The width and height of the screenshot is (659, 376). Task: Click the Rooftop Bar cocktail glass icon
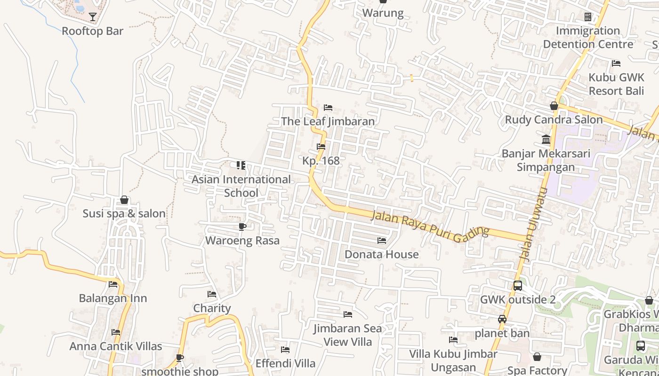[93, 17]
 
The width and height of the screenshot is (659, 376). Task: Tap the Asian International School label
[241, 186]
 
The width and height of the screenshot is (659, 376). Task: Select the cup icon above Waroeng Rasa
[242, 227]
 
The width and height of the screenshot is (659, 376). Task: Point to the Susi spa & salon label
[124, 213]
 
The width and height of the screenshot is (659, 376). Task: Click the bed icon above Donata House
[382, 241]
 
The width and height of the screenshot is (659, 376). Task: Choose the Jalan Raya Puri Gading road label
[430, 227]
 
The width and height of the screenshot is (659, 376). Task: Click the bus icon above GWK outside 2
[517, 286]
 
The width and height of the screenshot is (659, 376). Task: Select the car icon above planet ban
[502, 319]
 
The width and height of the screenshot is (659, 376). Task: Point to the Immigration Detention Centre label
[588, 38]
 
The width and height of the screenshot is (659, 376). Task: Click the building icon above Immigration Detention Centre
[588, 17]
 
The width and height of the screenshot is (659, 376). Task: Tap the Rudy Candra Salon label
[554, 120]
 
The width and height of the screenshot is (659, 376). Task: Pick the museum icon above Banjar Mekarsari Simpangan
[546, 140]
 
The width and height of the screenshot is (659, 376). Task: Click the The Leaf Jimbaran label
[328, 121]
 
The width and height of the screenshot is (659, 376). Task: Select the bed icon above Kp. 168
[321, 147]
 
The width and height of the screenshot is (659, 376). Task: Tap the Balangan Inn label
[113, 298]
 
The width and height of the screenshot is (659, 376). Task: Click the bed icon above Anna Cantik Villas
[116, 332]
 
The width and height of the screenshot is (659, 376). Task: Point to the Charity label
[212, 308]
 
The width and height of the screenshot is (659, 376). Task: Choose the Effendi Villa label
[285, 363]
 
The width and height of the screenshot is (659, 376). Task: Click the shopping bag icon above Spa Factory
[537, 357]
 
